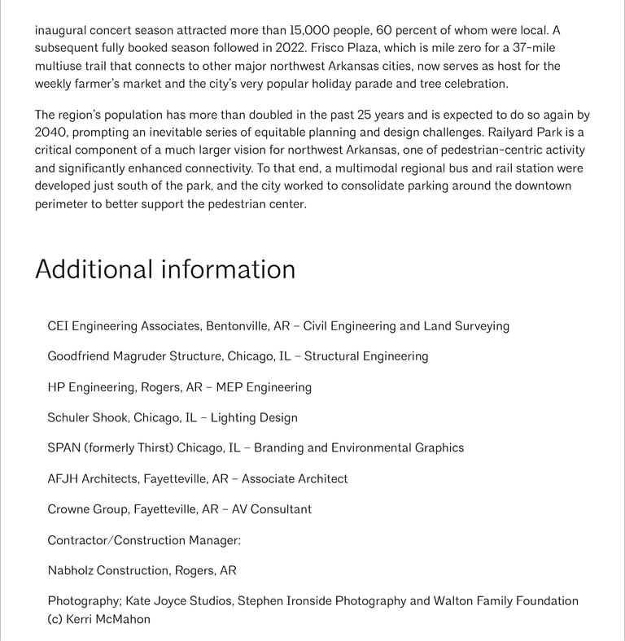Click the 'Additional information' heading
165,269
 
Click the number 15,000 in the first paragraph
310,30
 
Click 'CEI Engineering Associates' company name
124,326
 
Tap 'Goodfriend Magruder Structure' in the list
134,356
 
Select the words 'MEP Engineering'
264,387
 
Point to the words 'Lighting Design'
254,418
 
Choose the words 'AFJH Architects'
92,479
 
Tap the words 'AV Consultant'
272,509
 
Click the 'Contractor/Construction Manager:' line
144,540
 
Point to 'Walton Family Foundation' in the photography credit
506,601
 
